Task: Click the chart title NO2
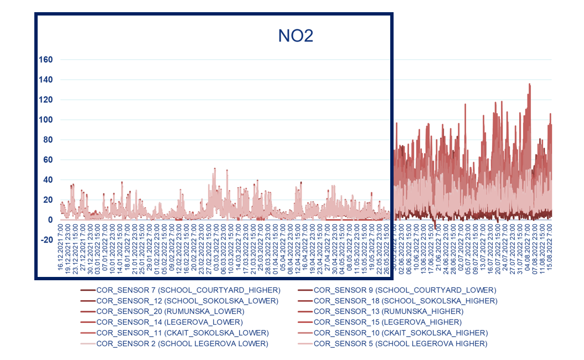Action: (x=296, y=37)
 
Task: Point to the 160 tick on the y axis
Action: (x=45, y=60)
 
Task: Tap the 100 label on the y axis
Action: (x=45, y=120)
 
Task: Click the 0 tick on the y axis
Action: (x=50, y=220)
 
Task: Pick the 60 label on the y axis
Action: (x=48, y=160)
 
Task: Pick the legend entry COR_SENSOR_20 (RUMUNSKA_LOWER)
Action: (x=170, y=311)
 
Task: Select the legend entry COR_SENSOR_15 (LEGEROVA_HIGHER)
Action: (x=387, y=322)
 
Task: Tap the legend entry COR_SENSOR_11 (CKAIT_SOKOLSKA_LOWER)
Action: (x=182, y=333)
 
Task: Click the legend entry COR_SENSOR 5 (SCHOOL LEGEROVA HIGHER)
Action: (x=400, y=343)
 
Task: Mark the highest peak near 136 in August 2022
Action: (x=530, y=84)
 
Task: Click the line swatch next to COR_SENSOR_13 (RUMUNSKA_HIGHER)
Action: (x=304, y=312)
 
